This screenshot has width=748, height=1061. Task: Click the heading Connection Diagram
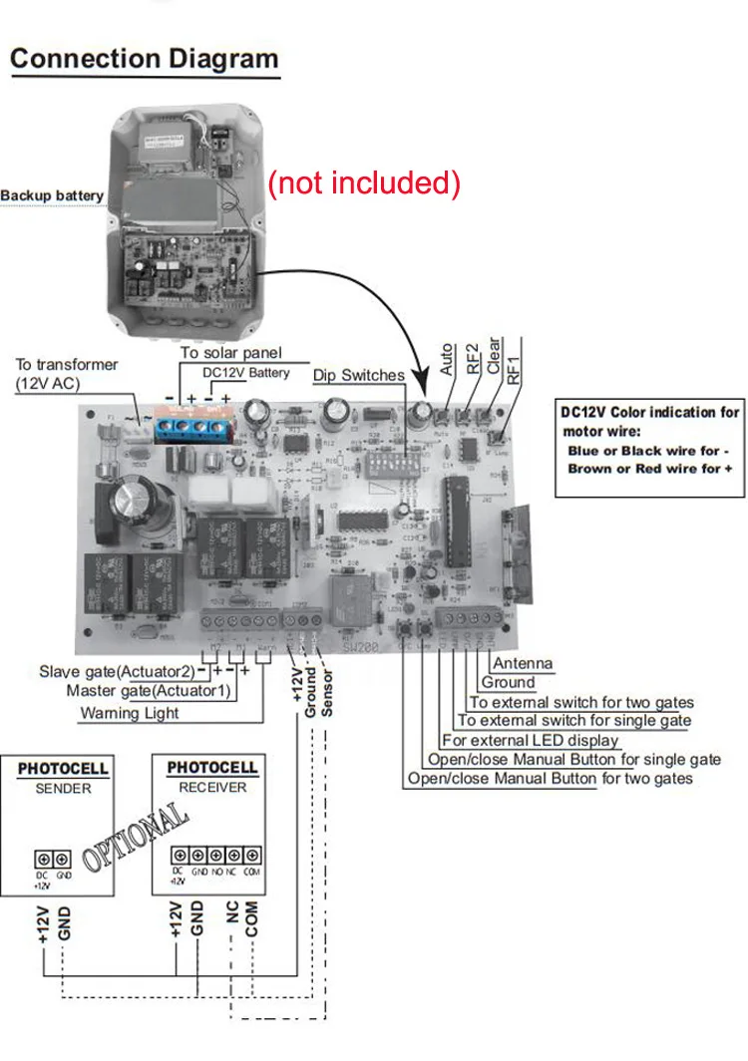point(144,58)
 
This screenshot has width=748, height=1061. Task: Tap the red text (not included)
point(364,182)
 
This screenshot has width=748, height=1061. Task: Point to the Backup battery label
point(52,195)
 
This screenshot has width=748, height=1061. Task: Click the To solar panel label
point(231,353)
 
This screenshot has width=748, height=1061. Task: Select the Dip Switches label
point(359,375)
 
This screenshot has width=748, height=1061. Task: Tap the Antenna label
point(523,664)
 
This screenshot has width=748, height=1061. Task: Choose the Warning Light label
point(130,713)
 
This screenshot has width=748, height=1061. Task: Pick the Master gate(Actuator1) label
point(149,691)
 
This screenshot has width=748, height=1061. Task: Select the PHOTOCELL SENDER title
point(63,778)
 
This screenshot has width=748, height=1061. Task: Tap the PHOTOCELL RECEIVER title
point(211,777)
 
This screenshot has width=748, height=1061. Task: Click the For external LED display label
point(530,740)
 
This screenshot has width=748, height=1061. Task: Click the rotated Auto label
point(447,359)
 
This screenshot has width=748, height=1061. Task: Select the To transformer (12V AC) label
point(66,374)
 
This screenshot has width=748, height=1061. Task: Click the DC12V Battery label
point(246,372)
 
